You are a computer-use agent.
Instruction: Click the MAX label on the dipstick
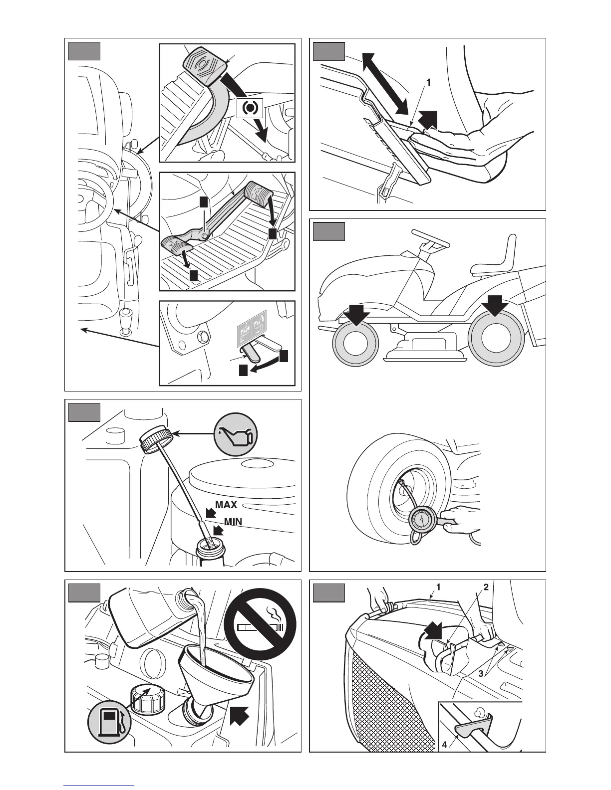click(x=226, y=505)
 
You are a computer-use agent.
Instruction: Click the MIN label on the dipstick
click(x=233, y=522)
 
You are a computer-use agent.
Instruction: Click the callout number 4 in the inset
click(x=444, y=747)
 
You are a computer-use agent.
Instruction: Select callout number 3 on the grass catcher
click(x=481, y=673)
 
